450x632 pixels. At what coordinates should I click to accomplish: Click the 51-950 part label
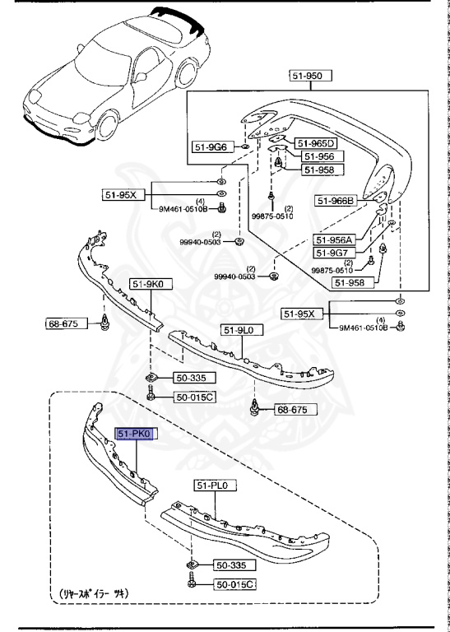pyautogui.click(x=310, y=76)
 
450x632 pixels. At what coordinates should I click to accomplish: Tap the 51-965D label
pyautogui.click(x=317, y=142)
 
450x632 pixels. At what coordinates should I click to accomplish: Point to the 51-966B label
pyautogui.click(x=336, y=200)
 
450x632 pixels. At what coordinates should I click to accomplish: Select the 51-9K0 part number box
pyautogui.click(x=147, y=284)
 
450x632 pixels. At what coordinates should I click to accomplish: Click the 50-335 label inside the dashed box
pyautogui.click(x=234, y=566)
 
